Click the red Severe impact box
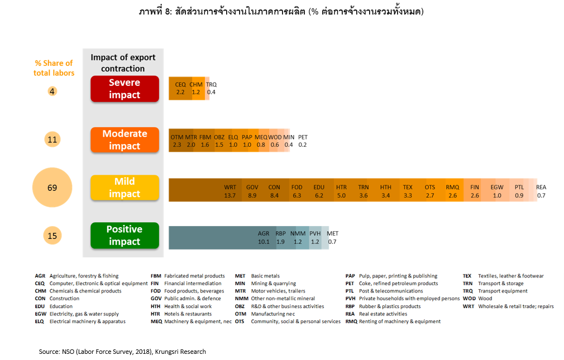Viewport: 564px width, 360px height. [125, 89]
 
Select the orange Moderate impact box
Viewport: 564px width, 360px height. [125, 140]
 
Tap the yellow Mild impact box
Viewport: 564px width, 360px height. [125, 188]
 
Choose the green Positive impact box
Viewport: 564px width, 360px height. [125, 236]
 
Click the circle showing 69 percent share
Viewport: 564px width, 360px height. [52, 188]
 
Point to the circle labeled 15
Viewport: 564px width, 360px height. [52, 236]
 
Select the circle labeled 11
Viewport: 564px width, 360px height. [52, 140]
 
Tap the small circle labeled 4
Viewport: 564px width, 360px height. [52, 91]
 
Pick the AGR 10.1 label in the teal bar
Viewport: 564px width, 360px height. [264, 238]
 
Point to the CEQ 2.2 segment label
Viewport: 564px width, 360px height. [180, 88]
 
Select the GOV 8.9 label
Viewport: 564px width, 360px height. [252, 191]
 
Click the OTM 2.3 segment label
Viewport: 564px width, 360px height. [177, 141]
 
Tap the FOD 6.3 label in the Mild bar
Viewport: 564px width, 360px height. [297, 191]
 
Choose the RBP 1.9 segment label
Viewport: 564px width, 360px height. [280, 238]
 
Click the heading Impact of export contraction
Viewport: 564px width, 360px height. [123, 63]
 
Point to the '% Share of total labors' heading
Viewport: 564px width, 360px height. [54, 68]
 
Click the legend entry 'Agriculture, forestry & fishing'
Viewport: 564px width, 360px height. [84, 276]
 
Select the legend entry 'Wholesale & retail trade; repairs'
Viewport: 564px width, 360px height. [515, 306]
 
